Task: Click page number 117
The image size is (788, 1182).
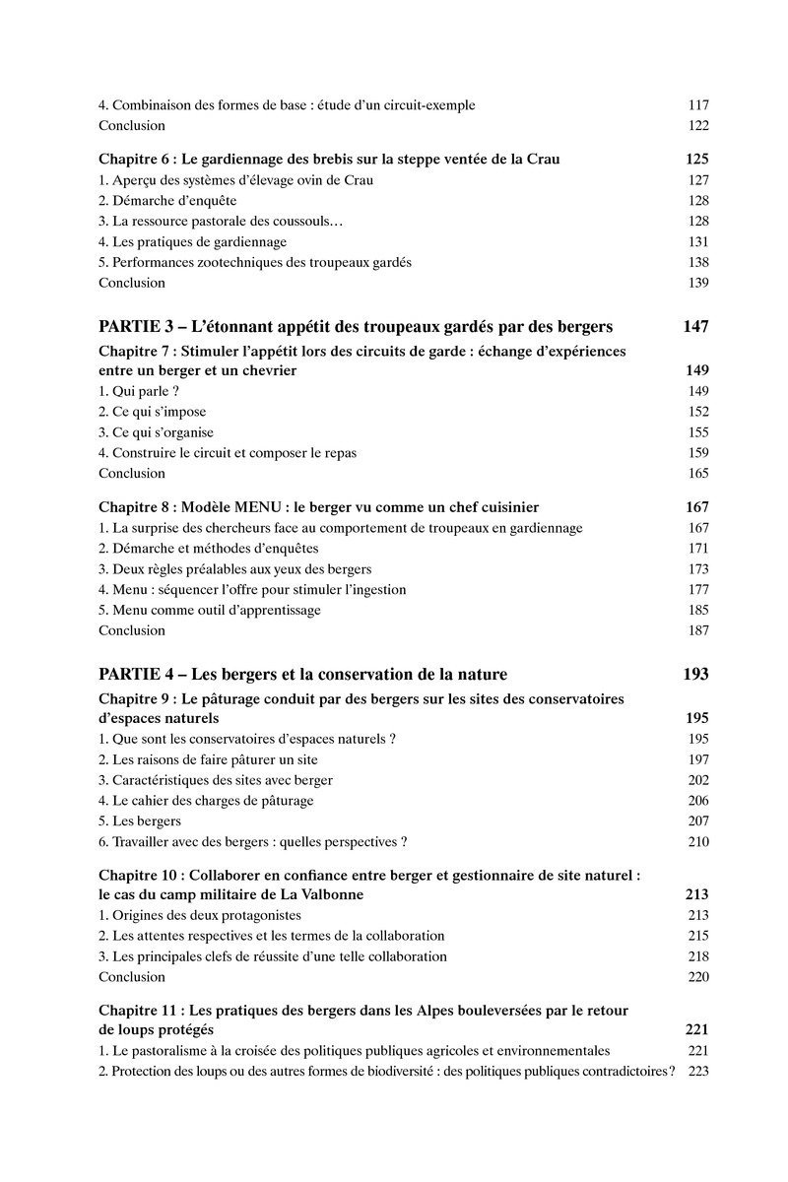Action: point(698,105)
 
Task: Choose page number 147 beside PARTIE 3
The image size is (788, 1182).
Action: point(695,327)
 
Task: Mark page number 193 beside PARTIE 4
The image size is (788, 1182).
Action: point(695,675)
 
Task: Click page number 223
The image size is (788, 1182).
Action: point(698,1072)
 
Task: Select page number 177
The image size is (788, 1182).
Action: point(698,589)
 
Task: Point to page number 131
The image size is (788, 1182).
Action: point(698,241)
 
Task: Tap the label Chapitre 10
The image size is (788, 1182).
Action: point(138,875)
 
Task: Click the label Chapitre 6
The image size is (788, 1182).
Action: point(134,159)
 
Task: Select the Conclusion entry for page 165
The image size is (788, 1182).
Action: point(132,473)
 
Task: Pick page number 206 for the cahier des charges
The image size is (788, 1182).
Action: point(698,801)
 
